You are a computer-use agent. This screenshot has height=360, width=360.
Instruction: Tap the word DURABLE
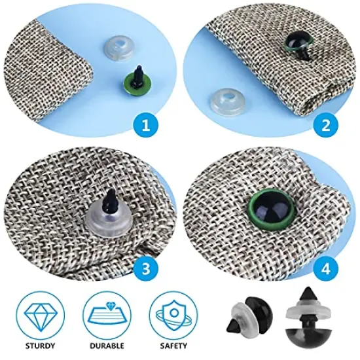click(106, 345)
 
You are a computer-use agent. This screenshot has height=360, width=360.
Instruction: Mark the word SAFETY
click(171, 345)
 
